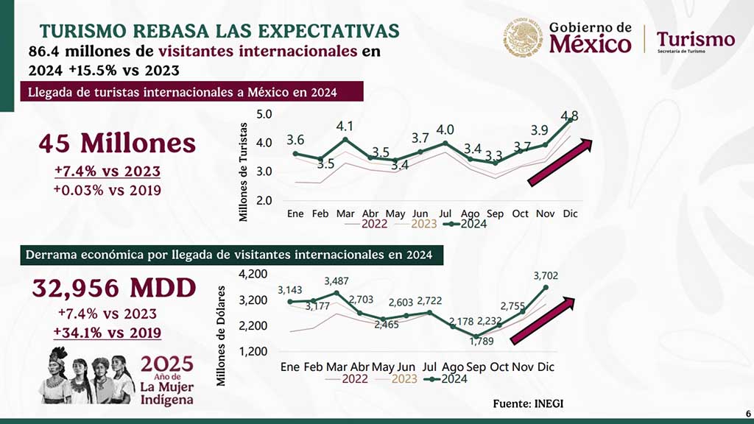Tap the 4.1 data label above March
pyautogui.click(x=345, y=126)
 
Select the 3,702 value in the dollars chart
pyautogui.click(x=546, y=275)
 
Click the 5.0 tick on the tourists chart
pyautogui.click(x=264, y=114)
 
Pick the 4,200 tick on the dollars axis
pyautogui.click(x=255, y=274)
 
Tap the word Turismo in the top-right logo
pyautogui.click(x=695, y=38)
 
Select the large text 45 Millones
pyautogui.click(x=117, y=143)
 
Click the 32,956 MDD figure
pyautogui.click(x=113, y=288)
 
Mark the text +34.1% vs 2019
pyautogui.click(x=108, y=332)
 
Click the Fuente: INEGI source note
pyautogui.click(x=532, y=403)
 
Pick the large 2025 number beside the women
pyautogui.click(x=167, y=364)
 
